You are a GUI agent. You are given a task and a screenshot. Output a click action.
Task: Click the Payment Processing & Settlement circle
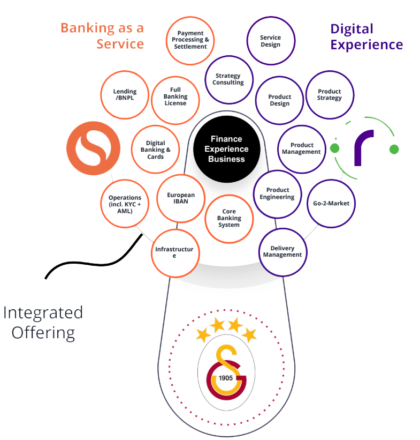pos(190,40)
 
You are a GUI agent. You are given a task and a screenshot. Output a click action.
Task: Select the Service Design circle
pos(271,41)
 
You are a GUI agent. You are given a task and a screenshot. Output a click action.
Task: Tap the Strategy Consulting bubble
pos(228,79)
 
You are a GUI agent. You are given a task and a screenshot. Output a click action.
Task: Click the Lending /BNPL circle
pos(125,95)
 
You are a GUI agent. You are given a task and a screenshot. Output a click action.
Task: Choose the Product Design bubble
pos(279,100)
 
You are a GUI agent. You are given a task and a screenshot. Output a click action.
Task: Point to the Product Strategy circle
pos(329,95)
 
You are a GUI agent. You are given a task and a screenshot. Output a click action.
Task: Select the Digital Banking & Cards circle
pos(156,150)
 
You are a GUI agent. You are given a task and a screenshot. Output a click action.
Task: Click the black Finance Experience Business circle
pos(226,149)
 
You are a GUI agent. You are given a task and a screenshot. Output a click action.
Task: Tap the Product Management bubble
pos(302,148)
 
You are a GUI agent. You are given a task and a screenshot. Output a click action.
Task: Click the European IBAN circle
pos(181,198)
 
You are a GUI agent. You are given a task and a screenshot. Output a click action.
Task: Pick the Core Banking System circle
pos(229,218)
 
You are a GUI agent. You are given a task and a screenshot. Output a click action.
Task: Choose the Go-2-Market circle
pos(331,203)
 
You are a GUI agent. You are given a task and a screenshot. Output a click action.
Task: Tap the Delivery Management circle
pos(282,252)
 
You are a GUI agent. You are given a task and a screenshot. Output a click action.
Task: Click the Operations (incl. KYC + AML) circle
pos(125,204)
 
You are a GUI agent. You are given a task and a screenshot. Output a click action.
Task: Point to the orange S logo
pos(94,148)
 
